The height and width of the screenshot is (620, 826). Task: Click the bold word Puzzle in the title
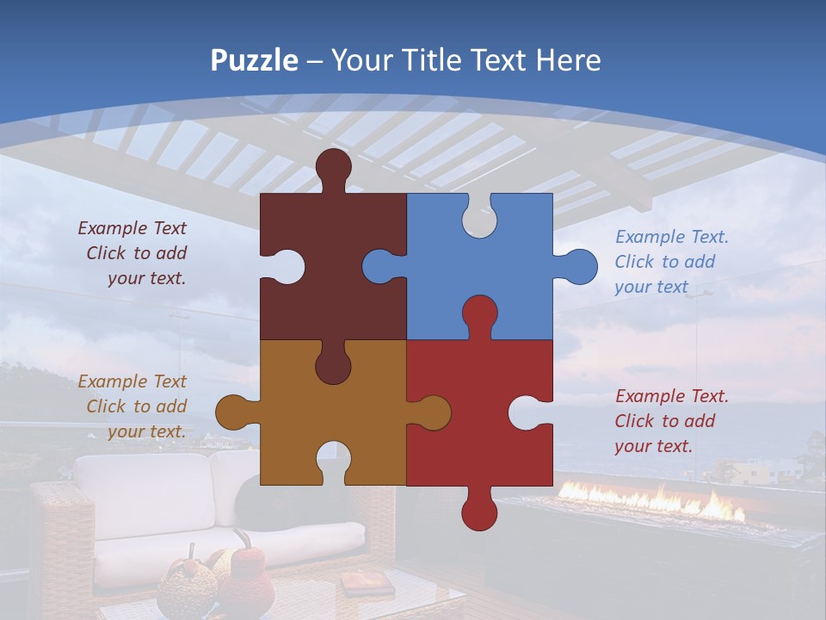[254, 61]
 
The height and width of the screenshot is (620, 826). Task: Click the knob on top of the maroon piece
[333, 166]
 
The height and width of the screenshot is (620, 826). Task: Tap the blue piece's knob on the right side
[577, 266]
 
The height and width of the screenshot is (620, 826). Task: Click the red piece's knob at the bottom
[479, 512]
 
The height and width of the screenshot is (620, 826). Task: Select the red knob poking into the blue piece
[479, 314]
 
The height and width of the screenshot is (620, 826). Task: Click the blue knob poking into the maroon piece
[381, 266]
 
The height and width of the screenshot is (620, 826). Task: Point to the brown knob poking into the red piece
[431, 412]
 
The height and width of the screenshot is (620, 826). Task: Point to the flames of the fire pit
[654, 501]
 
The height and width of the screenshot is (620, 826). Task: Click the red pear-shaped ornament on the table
[248, 577]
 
